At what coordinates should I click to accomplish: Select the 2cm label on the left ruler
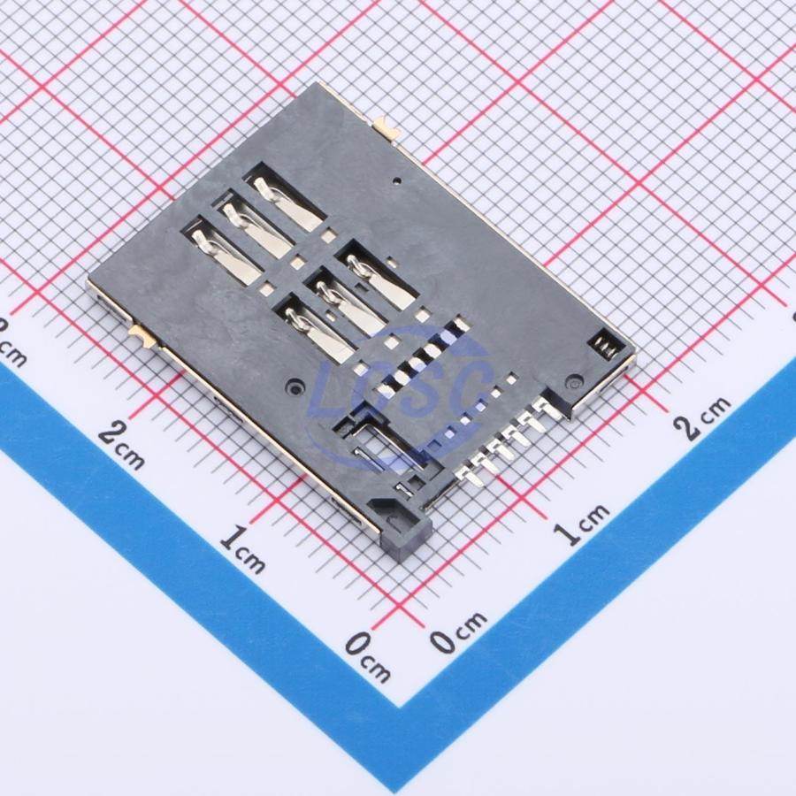(121, 446)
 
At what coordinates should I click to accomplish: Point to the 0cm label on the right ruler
(457, 631)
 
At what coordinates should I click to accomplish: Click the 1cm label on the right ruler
(580, 524)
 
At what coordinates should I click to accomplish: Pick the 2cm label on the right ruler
(702, 417)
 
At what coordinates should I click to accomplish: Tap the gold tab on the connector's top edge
(387, 127)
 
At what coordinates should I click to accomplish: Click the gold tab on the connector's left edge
(142, 336)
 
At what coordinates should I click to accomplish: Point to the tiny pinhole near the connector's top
(397, 180)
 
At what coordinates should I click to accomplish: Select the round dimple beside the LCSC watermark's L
(294, 387)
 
